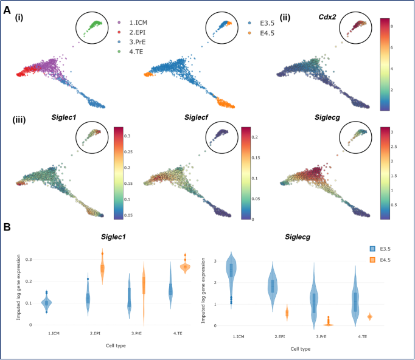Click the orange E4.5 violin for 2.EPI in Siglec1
[x=102, y=268]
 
